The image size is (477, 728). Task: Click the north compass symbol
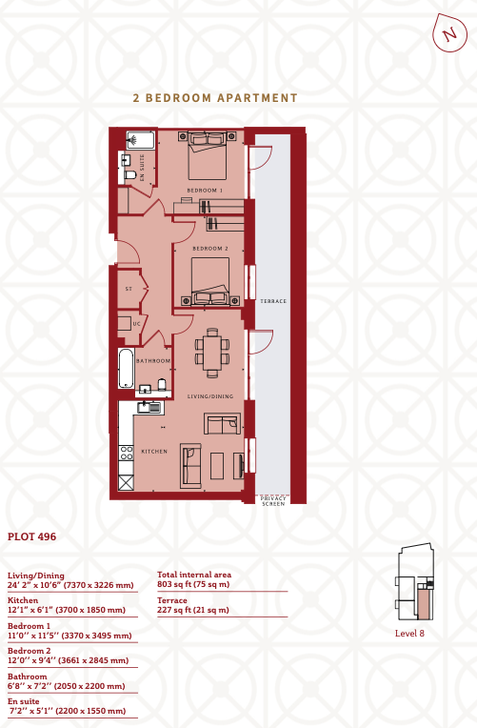[x=449, y=32]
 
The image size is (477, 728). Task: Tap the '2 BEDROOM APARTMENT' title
[x=215, y=98]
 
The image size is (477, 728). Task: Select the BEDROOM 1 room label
[x=205, y=191]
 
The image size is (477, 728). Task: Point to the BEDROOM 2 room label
[x=210, y=249]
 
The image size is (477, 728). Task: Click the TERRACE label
[x=273, y=301]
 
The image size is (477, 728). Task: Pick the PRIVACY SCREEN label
[x=273, y=501]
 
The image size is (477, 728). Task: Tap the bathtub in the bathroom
[x=127, y=369]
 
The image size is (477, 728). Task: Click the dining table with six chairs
[x=212, y=353]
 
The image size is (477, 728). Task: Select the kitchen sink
[x=149, y=408]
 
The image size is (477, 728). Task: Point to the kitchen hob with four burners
[x=127, y=454]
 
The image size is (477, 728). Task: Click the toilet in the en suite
[x=129, y=175]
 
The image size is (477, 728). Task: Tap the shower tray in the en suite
[x=141, y=140]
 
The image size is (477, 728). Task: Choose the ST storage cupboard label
[x=129, y=289]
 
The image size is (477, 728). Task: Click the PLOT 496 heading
[x=31, y=536]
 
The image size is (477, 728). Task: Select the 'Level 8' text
[x=409, y=634]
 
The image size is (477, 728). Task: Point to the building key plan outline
[x=414, y=582]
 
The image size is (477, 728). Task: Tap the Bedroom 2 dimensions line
[x=69, y=660]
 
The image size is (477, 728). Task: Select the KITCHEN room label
[x=154, y=452]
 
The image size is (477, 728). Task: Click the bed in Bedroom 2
[x=210, y=281]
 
